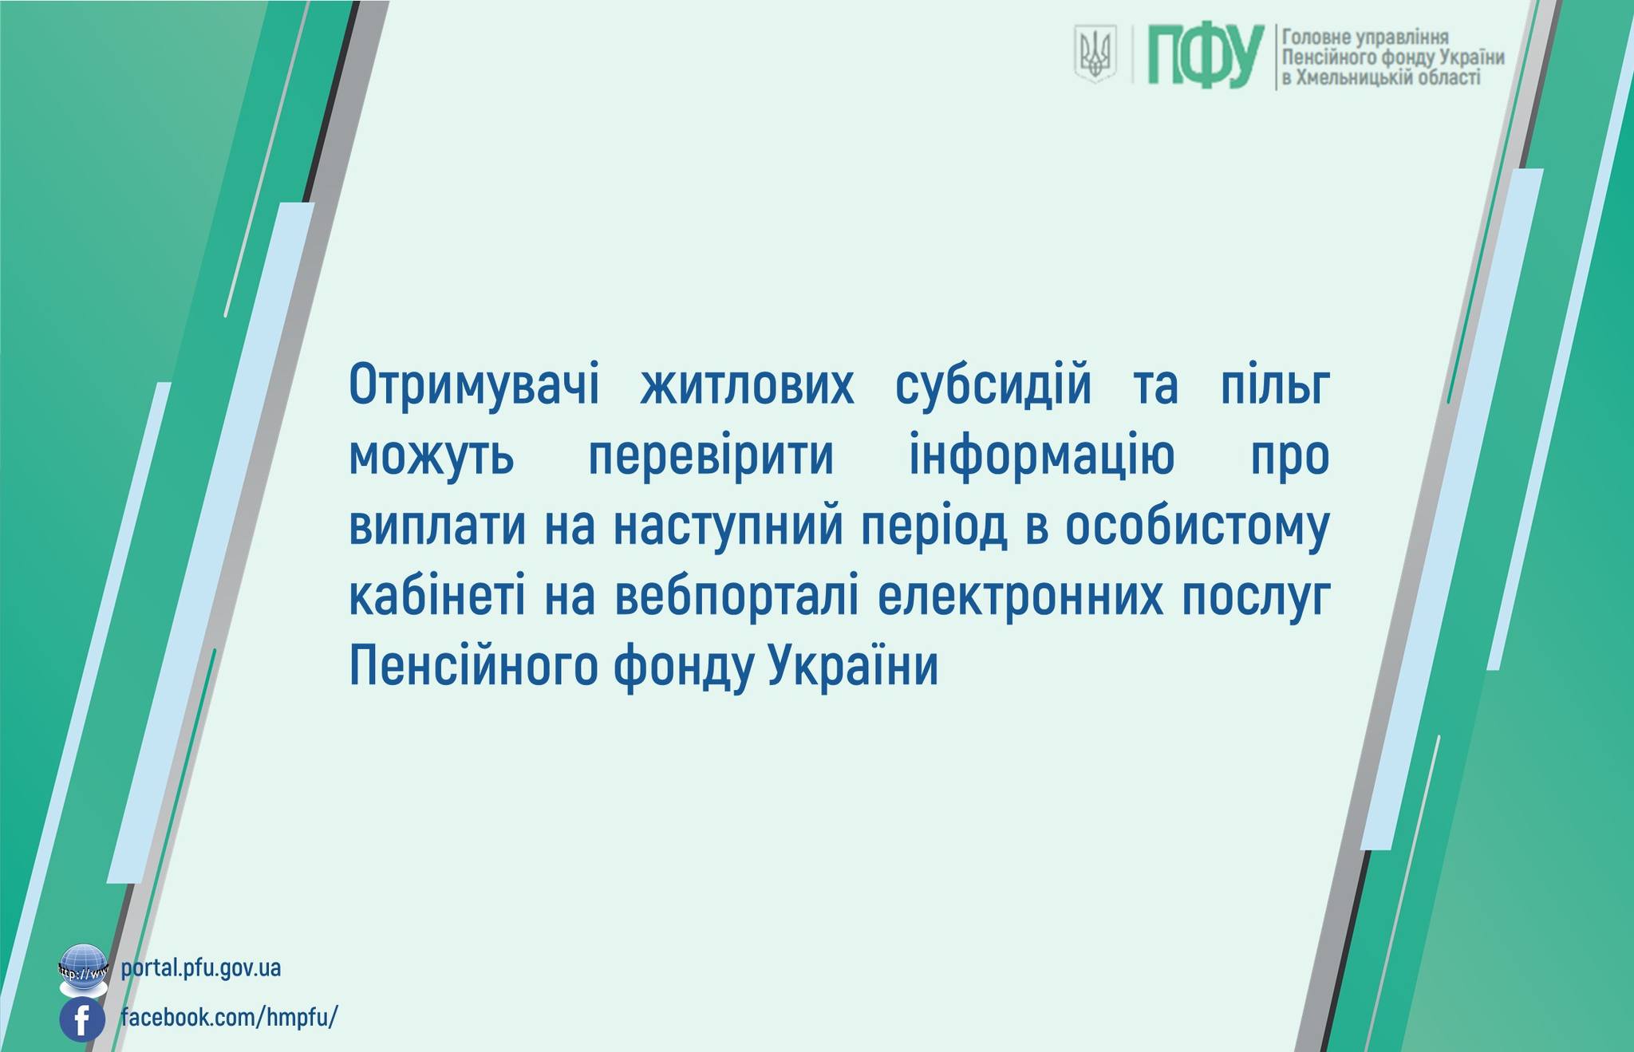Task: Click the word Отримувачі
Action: (474, 387)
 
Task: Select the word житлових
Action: (747, 386)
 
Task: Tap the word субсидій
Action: (993, 385)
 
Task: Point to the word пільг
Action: (1275, 385)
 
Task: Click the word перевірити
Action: (711, 457)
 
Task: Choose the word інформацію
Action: (1042, 457)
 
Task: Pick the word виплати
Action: (437, 526)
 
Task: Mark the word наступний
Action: (729, 526)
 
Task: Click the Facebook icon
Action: (82, 1019)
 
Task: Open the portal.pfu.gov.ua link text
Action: (201, 968)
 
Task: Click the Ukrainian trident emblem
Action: (1095, 53)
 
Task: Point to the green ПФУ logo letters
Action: (1206, 55)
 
